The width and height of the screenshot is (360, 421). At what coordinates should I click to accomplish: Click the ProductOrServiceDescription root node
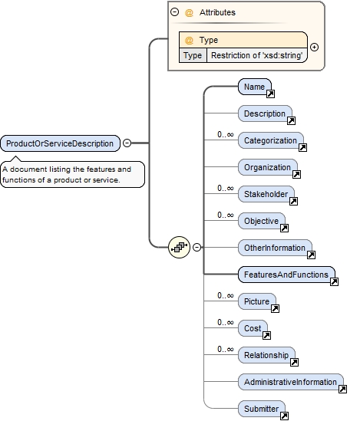60,143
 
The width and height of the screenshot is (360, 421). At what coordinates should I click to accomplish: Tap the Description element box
264,114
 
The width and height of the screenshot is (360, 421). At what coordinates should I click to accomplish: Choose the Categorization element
269,141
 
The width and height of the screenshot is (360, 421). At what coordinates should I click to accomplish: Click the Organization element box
266,167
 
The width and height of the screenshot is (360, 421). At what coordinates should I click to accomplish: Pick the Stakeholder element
264,194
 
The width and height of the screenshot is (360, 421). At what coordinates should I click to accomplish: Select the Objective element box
260,221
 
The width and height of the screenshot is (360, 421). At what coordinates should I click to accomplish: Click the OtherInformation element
273,248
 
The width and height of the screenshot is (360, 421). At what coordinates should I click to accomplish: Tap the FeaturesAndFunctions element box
285,275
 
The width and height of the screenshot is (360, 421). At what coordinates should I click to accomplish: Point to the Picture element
256,301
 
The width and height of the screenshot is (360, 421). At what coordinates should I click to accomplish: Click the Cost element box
252,328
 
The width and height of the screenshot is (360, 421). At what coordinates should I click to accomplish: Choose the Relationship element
265,355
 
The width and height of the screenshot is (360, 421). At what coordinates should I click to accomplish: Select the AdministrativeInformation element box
289,382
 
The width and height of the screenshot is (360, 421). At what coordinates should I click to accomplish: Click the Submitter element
260,409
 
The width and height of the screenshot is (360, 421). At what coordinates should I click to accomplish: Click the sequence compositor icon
179,247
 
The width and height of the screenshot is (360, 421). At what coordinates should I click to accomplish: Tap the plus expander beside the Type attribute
314,47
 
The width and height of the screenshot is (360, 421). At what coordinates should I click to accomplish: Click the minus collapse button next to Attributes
175,12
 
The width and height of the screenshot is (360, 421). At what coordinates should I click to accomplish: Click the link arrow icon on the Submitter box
284,416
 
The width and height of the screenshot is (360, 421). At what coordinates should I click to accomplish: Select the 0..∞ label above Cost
225,323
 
